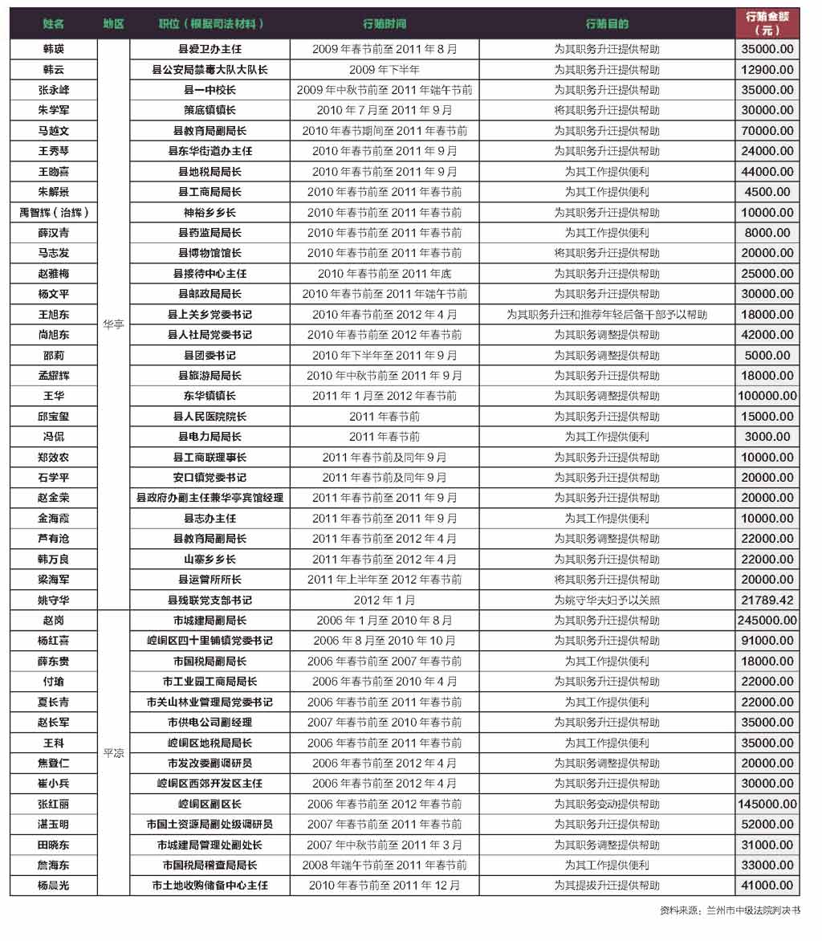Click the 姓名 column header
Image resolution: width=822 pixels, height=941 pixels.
click(x=54, y=24)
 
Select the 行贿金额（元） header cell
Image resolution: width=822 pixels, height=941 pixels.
click(x=767, y=23)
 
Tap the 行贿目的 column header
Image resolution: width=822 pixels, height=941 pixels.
click(x=607, y=24)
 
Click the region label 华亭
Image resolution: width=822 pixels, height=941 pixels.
click(x=113, y=325)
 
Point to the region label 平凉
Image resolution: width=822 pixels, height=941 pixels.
click(x=113, y=753)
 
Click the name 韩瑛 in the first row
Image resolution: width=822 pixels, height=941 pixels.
click(x=54, y=49)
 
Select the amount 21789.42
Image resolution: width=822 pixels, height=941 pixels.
click(x=767, y=600)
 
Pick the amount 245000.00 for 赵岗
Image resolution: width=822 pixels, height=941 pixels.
click(x=767, y=620)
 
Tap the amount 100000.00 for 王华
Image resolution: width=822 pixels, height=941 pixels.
click(x=767, y=396)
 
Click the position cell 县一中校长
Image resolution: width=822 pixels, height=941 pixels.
click(x=210, y=90)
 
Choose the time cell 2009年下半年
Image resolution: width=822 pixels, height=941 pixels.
click(x=385, y=70)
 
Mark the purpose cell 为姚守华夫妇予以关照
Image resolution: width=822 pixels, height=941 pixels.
click(x=607, y=600)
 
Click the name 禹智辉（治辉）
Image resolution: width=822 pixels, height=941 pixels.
click(x=54, y=213)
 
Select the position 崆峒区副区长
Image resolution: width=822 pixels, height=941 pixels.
click(x=210, y=804)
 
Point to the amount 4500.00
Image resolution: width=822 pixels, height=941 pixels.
click(x=767, y=192)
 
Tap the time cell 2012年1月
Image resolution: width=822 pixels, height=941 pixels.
click(x=385, y=600)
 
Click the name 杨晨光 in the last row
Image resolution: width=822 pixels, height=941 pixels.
click(x=54, y=885)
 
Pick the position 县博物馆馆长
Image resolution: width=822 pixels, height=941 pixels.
click(x=210, y=253)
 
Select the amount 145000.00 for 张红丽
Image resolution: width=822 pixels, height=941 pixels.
click(x=767, y=804)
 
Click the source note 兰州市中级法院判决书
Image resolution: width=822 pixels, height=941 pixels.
click(x=753, y=910)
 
